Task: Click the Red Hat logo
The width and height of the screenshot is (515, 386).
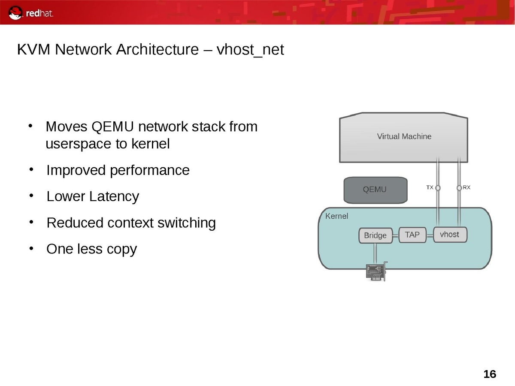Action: tap(31, 13)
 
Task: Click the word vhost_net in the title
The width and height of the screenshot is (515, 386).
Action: tap(250, 50)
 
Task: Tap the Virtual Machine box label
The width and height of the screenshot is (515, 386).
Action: tap(404, 136)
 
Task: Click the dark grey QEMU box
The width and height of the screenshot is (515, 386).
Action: tap(375, 190)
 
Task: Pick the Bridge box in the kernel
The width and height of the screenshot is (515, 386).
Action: tap(375, 235)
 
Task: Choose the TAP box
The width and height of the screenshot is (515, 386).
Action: tap(412, 235)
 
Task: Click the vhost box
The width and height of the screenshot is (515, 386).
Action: tap(449, 235)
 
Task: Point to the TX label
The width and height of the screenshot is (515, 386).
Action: tap(430, 187)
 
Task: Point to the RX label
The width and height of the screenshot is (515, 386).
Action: tap(467, 187)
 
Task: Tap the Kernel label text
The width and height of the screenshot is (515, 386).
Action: tap(337, 216)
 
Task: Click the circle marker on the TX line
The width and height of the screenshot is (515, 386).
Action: tap(438, 188)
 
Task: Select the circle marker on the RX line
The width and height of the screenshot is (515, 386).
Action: tap(459, 188)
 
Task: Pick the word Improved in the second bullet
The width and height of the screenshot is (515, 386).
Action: tap(76, 170)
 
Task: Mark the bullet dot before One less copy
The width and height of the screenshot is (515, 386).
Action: tap(31, 248)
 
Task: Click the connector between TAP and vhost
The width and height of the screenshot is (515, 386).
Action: tap(430, 235)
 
